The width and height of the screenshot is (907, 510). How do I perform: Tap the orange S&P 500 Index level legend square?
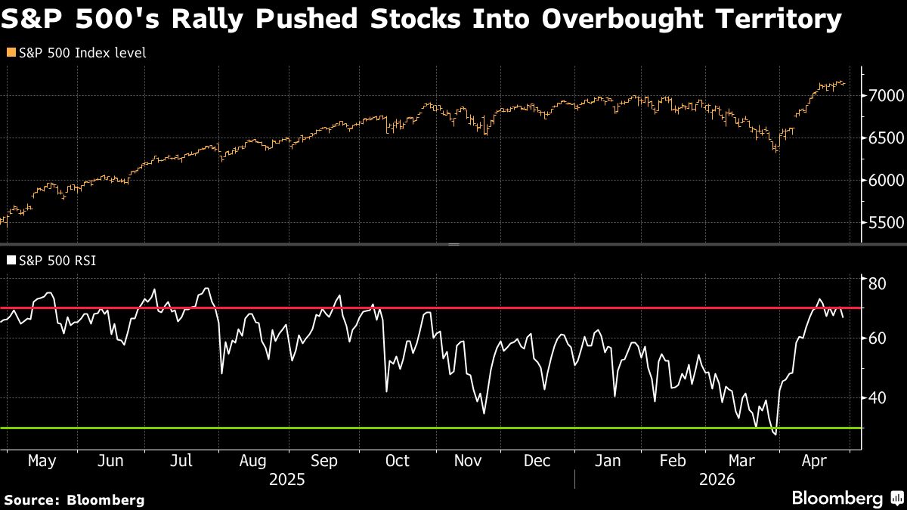click(11, 53)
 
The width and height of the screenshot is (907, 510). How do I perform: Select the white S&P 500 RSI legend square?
click(11, 261)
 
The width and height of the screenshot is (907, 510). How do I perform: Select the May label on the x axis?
click(41, 461)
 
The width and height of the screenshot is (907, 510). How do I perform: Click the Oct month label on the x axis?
click(397, 461)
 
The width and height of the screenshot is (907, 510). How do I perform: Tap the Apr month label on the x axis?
click(813, 461)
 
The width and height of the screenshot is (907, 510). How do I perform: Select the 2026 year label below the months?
click(718, 479)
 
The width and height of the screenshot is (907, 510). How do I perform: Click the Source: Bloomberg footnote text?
click(74, 499)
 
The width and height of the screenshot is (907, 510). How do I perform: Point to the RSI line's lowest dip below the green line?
click(775, 434)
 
